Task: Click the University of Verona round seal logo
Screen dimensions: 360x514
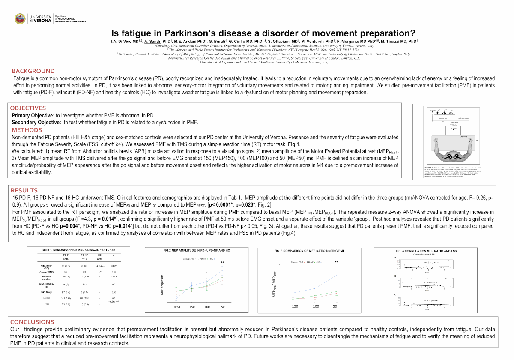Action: (20, 18)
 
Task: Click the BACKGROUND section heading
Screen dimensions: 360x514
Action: (33, 71)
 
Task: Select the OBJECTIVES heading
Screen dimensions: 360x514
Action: (28, 108)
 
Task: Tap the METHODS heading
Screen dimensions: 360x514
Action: (27, 130)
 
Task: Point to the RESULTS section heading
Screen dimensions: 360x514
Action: (24, 190)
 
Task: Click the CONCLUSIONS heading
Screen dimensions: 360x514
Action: (32, 322)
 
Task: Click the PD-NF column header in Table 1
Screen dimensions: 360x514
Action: (84, 255)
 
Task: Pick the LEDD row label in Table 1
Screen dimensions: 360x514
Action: (47, 297)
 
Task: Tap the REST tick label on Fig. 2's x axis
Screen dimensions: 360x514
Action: (177, 307)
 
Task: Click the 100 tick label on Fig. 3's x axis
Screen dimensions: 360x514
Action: (315, 306)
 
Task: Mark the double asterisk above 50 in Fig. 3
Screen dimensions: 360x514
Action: (336, 262)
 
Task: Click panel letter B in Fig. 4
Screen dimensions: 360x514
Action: (395, 276)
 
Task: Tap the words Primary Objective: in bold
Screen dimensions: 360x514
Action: (33, 116)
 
